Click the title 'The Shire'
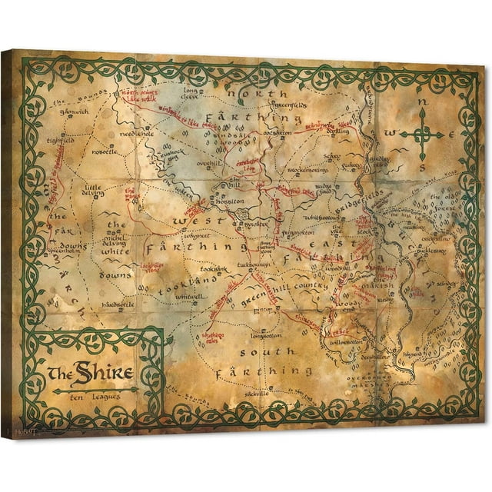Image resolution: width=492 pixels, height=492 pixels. [91, 374]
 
